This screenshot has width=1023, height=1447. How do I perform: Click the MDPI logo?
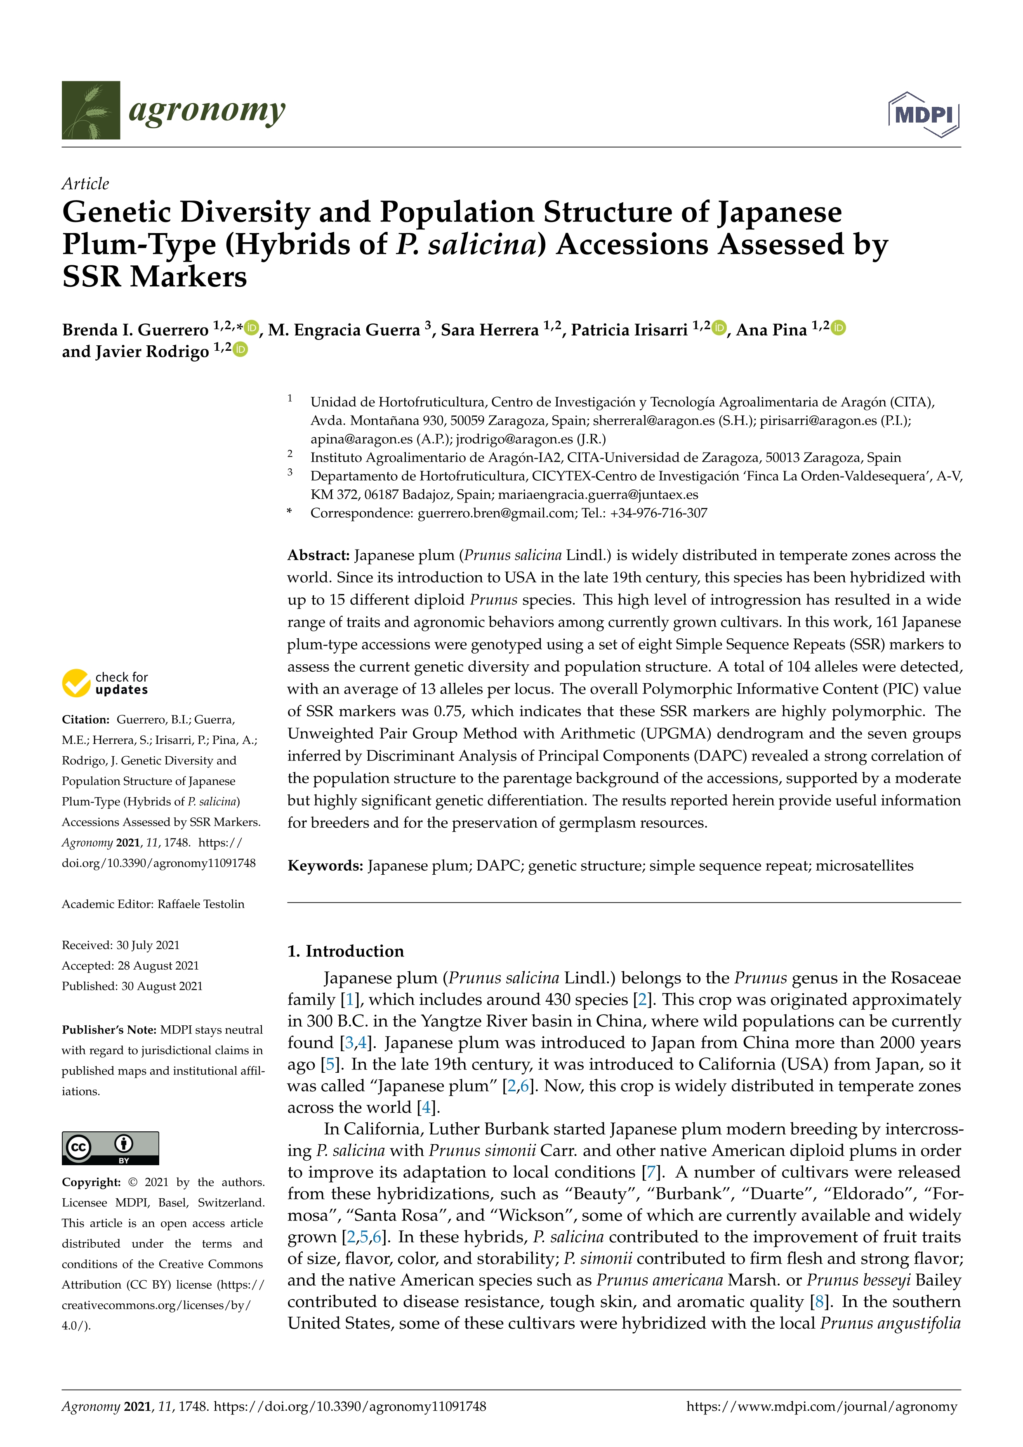coord(924,115)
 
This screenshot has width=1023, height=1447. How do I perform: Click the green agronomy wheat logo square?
coord(91,110)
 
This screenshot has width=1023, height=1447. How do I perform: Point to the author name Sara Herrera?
coord(490,330)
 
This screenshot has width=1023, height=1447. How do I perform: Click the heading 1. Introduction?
coord(345,951)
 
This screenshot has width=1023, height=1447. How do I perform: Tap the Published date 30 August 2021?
coord(162,986)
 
